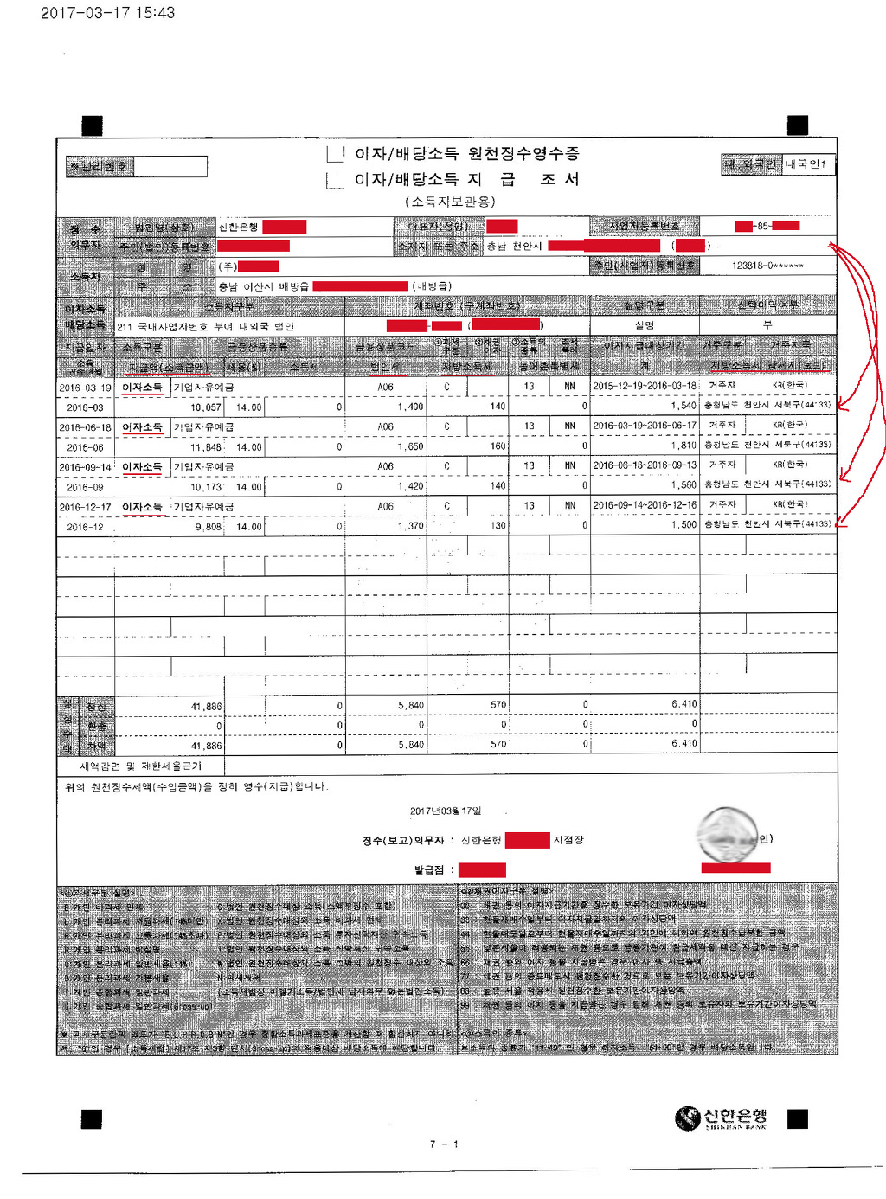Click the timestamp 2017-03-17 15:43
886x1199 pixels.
(107, 13)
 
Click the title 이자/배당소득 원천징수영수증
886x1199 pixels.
(466, 154)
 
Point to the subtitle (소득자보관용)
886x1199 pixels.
(449, 202)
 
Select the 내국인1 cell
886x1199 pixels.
(806, 163)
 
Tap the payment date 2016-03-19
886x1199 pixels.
(85, 388)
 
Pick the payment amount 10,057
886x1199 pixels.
(206, 407)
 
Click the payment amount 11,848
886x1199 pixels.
(206, 447)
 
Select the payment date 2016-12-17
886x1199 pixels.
(85, 507)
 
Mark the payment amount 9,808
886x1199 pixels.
(208, 527)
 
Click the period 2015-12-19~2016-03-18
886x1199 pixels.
(644, 386)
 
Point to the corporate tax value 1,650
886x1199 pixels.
(410, 447)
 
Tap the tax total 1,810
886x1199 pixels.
(683, 446)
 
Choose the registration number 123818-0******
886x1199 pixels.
(767, 266)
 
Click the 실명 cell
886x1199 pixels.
(644, 325)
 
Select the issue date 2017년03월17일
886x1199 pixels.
(445, 811)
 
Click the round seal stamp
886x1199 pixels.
(727, 834)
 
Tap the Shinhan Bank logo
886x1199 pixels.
(721, 1119)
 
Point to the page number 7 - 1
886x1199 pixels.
(443, 1144)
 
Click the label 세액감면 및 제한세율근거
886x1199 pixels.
(140, 766)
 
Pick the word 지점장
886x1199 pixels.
(568, 840)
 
